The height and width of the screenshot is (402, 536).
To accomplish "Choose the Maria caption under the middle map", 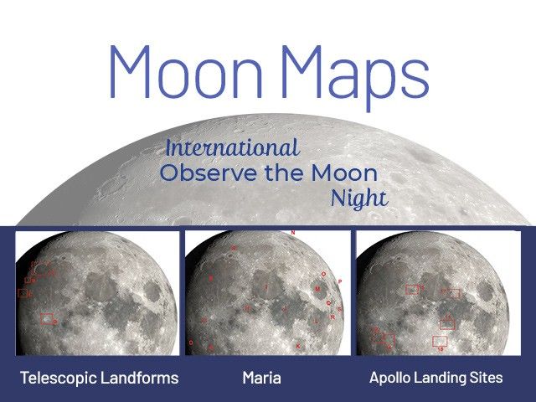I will (261, 378).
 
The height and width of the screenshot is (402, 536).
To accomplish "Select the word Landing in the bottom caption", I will (441, 378).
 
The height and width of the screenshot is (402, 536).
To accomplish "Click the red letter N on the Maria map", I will (292, 232).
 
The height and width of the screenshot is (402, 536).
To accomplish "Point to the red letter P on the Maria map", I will (339, 282).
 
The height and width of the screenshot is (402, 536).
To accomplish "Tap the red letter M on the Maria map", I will (317, 288).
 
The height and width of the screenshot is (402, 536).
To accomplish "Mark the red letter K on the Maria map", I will (297, 345).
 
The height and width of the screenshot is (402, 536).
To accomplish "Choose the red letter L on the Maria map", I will (316, 320).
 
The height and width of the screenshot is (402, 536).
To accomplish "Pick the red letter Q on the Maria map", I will (327, 302).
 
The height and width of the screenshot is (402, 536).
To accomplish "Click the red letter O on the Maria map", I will (323, 274).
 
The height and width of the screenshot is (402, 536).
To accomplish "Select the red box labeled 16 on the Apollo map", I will (440, 340).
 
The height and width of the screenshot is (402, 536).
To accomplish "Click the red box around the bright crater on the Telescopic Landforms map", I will (47, 318).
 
